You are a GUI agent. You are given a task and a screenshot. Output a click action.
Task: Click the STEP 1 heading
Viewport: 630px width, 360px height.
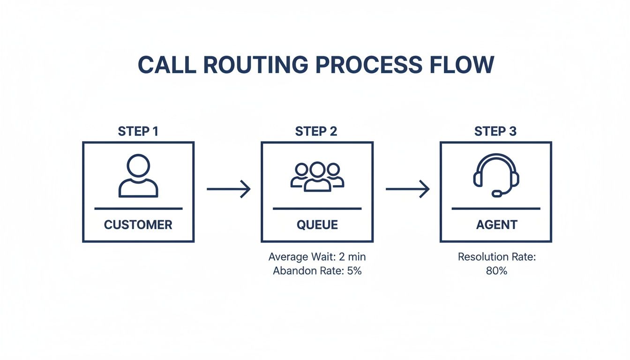click(x=138, y=132)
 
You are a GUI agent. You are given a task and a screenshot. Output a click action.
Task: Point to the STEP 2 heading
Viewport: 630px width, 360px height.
click(x=316, y=132)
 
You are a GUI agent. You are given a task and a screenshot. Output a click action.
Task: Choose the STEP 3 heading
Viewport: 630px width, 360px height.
click(x=495, y=132)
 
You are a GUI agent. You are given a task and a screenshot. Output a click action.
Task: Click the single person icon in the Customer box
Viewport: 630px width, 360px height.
click(x=138, y=176)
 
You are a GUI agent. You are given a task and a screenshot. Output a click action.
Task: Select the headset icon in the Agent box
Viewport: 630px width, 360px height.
click(x=496, y=174)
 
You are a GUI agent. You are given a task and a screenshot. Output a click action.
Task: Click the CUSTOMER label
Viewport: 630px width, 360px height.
click(x=138, y=225)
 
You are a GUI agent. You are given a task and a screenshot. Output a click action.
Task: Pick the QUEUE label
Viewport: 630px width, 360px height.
click(x=317, y=225)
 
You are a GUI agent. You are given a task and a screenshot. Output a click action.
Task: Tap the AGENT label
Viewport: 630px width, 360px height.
click(x=496, y=225)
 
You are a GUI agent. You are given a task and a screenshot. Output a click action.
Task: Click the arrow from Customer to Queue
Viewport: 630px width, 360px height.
click(x=228, y=189)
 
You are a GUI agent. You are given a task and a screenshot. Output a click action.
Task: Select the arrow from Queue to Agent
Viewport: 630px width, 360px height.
click(x=407, y=189)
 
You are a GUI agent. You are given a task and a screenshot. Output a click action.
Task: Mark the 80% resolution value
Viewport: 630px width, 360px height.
click(x=496, y=271)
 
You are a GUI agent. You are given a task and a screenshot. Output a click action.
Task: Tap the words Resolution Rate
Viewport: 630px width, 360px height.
click(x=496, y=257)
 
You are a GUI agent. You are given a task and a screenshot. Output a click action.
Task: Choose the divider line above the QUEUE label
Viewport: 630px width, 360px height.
click(x=317, y=209)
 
